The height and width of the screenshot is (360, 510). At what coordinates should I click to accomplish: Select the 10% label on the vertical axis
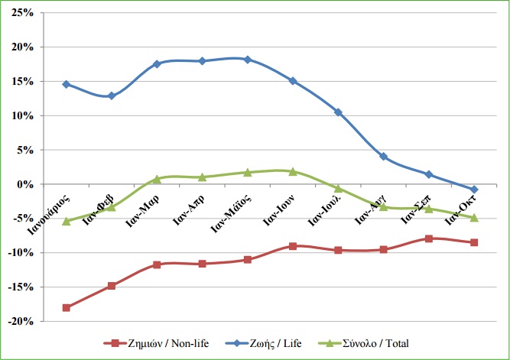pos(22,116)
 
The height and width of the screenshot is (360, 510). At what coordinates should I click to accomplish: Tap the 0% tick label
pos(25,184)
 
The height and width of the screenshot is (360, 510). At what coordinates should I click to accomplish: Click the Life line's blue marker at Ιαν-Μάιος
pos(247,60)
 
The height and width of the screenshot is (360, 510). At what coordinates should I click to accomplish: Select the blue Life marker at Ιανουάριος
pos(67,84)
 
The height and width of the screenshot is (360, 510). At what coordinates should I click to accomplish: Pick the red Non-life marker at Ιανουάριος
pos(67,307)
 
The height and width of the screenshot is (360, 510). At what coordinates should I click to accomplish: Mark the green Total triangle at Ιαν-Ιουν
pos(293,171)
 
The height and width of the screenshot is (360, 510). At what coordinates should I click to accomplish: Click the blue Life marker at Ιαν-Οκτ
pos(474,190)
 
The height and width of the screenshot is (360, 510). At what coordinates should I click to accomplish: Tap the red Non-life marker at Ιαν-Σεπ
pos(429,238)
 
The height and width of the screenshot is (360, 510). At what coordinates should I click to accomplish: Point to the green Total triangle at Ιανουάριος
pos(67,221)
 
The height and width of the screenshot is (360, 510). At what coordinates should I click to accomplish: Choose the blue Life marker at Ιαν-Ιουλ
pos(338,112)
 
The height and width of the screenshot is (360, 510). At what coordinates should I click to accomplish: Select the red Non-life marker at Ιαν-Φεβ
pos(112,286)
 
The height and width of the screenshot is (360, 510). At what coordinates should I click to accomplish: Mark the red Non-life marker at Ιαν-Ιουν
pos(293,246)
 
